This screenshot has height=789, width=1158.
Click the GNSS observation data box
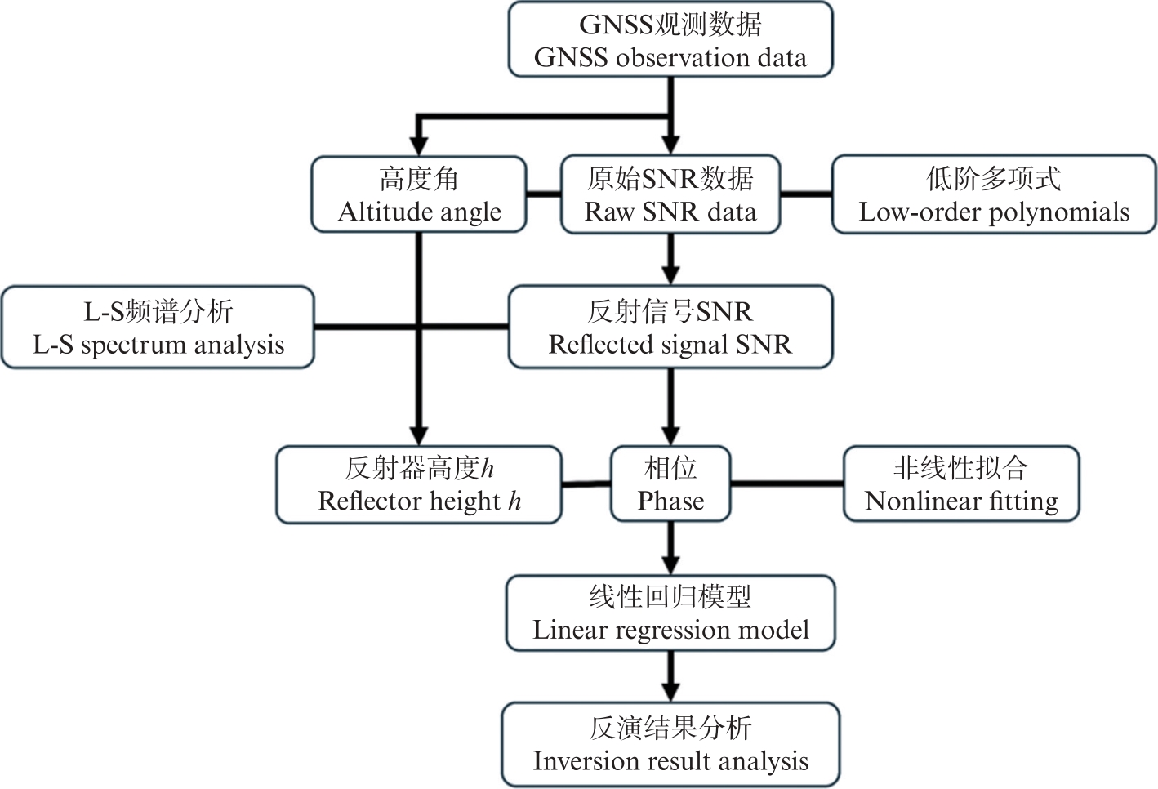coord(670,40)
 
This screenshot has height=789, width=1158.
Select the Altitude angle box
coord(419,194)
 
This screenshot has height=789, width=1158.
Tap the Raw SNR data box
coord(670,194)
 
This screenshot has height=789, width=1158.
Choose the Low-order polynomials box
coord(994,194)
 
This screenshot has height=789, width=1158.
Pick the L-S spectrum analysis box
coord(158,328)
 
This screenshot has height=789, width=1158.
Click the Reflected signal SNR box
coord(670,328)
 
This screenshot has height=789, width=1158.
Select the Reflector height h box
coord(419,484)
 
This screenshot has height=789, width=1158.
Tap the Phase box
coord(670,484)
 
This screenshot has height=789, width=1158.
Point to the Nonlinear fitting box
coord(961,484)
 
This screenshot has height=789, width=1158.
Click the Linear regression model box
coord(670,613)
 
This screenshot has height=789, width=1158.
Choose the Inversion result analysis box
coord(670,744)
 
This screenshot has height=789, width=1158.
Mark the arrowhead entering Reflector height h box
coord(419,435)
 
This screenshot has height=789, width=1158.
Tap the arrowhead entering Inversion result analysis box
coord(670,693)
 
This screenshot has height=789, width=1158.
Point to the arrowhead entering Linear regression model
coord(670,564)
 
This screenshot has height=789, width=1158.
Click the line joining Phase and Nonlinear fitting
coord(786,484)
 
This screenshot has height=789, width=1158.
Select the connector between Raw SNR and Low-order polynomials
coord(806,194)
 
